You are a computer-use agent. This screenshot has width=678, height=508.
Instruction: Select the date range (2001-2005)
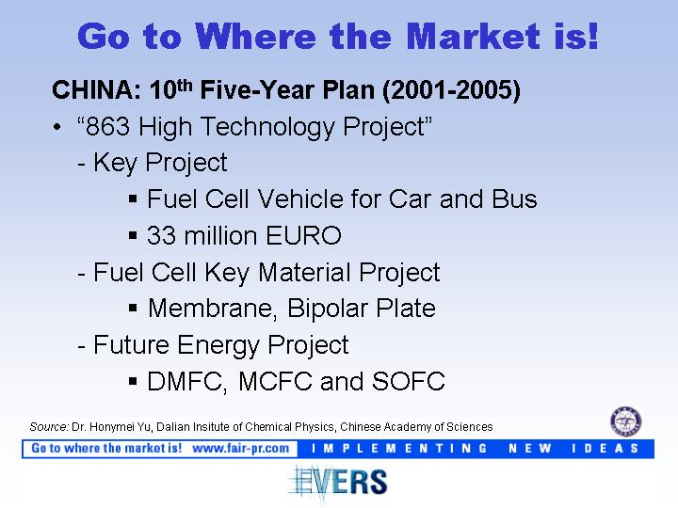coord(451,90)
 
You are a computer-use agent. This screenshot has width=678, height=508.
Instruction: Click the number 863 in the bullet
coord(107,127)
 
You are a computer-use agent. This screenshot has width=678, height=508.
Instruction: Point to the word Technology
coord(267,127)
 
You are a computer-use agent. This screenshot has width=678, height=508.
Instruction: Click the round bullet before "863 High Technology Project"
coord(56,128)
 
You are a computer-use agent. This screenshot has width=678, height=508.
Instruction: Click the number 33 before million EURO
coord(161,236)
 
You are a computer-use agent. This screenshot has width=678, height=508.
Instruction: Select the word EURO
coord(303,236)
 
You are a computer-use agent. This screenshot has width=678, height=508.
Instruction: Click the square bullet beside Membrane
coord(133,309)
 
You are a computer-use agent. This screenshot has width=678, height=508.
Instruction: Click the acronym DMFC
coord(186,381)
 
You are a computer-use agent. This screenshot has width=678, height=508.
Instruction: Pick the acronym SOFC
coord(408,381)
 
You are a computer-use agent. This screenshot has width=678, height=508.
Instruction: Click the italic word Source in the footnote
coord(49,427)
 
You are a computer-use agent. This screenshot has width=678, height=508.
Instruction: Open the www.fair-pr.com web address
coord(240,449)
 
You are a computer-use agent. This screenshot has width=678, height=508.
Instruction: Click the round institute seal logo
coord(625,421)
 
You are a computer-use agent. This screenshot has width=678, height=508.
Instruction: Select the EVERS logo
coord(338,482)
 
